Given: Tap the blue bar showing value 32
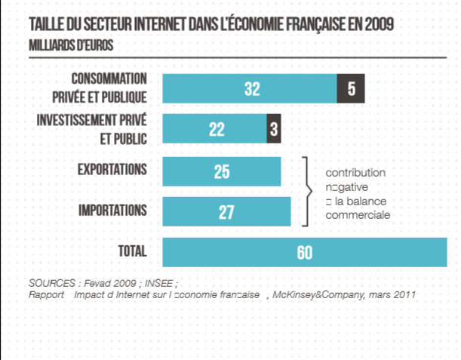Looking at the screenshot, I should pos(250,89).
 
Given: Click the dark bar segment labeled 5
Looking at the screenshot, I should pos(351,89).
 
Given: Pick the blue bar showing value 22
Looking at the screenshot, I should pos(214,129).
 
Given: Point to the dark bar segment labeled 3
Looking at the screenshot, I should pos(273,129).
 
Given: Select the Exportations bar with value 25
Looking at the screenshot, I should pos(222,171).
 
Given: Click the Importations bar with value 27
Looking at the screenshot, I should pos(226,212).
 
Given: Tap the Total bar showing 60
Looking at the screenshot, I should pos(304,252).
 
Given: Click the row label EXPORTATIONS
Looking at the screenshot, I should pos(112,168).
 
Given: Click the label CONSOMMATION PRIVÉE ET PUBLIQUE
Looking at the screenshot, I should pos(109,87).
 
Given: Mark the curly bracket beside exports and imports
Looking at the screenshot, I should pos(307,191).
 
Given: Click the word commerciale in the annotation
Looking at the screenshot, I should pos(357,214).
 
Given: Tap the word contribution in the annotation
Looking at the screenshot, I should pos(355,173).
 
